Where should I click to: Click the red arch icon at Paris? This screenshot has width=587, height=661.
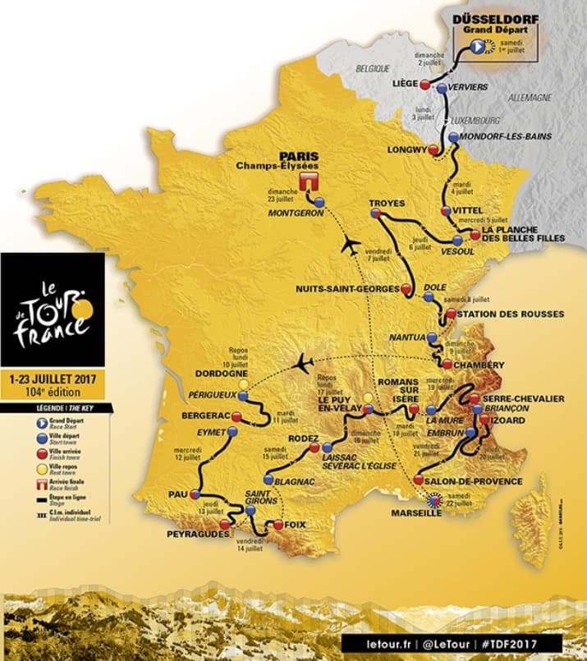click(309, 181)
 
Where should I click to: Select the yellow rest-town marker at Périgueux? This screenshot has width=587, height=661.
click(243, 383)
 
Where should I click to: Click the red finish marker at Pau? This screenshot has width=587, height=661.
click(195, 494)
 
